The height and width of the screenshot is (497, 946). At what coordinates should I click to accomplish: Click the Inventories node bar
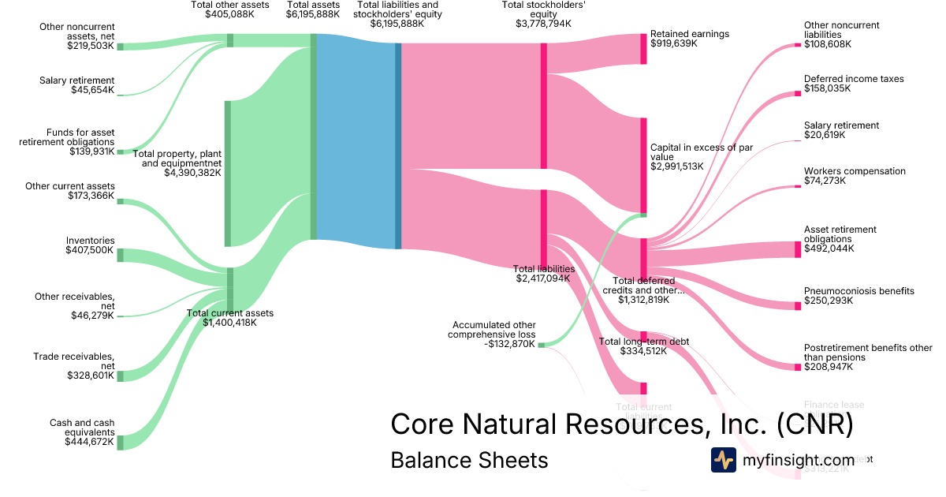tap(121, 255)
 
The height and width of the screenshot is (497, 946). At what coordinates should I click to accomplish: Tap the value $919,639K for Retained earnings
tap(674, 43)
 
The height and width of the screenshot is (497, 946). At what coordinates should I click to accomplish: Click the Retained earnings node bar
tap(643, 49)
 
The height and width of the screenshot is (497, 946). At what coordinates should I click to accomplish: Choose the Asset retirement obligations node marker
tap(797, 249)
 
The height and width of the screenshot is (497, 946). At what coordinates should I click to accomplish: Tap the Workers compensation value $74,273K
tap(825, 181)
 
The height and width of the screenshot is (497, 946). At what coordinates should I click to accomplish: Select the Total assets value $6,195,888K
tap(314, 14)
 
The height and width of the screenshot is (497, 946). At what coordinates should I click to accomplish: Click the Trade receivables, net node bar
tap(121, 376)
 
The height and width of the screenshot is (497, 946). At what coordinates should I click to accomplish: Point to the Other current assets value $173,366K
tap(91, 195)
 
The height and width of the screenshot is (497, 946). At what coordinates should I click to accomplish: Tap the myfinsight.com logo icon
tap(723, 460)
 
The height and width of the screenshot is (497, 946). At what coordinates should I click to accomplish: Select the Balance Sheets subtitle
tap(469, 460)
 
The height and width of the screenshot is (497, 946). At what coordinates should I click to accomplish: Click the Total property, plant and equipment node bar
tap(228, 174)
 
